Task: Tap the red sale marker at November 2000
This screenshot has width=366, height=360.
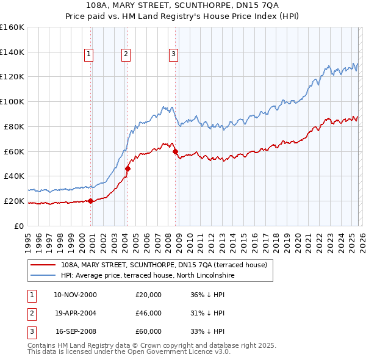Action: [x=91, y=201]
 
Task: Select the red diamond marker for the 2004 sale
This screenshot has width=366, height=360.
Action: [x=128, y=168]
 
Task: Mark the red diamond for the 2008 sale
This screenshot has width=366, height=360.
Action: [x=175, y=151]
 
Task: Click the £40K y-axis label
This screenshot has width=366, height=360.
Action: [x=14, y=176]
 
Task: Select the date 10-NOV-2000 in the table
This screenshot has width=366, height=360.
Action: [x=76, y=295]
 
